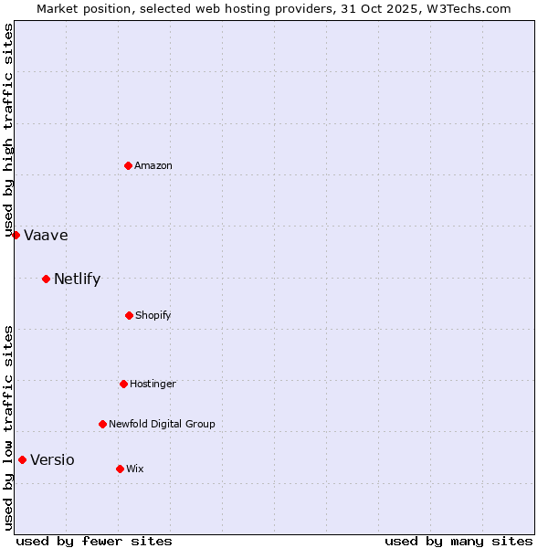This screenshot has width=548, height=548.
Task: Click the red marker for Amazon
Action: (x=129, y=165)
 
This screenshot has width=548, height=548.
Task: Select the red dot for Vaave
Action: (x=16, y=235)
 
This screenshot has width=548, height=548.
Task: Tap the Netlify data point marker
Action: (x=46, y=279)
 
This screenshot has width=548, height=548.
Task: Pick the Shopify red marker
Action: (x=129, y=315)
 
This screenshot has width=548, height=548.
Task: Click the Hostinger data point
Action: (x=123, y=384)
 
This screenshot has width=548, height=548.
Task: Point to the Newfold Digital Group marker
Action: (x=102, y=424)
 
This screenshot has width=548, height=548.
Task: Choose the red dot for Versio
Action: (x=22, y=459)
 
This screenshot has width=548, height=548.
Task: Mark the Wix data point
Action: (x=120, y=469)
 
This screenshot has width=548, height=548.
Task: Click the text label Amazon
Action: (x=153, y=165)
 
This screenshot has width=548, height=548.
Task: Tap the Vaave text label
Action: (x=46, y=235)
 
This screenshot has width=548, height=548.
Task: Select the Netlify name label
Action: (x=77, y=279)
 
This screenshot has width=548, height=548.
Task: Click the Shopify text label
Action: (x=153, y=315)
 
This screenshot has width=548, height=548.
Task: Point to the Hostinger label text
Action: (x=153, y=384)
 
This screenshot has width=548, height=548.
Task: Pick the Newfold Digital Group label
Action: (x=162, y=424)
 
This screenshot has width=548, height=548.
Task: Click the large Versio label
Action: (x=52, y=459)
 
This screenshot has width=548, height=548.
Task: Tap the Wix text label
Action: (x=135, y=469)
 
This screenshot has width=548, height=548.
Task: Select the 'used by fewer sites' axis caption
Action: (x=94, y=541)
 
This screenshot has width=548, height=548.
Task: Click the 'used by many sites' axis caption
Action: (x=458, y=541)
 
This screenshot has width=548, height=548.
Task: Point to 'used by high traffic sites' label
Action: (x=8, y=130)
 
